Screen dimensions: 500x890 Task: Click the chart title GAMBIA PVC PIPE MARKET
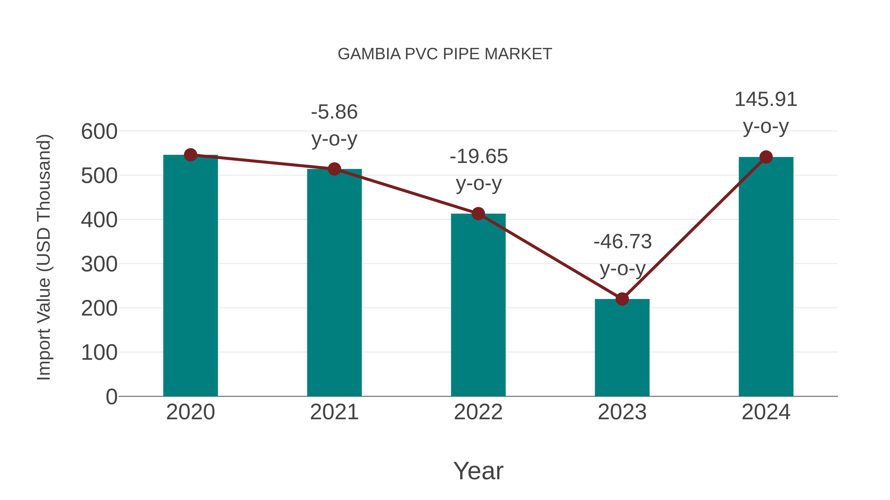(x=445, y=54)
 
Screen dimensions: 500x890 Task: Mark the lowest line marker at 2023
(x=622, y=299)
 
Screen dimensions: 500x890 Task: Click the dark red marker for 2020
(x=190, y=155)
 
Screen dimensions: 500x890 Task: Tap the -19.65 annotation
(x=479, y=157)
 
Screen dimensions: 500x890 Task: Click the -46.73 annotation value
(x=623, y=241)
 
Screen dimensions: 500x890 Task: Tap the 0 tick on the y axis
(x=111, y=397)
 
